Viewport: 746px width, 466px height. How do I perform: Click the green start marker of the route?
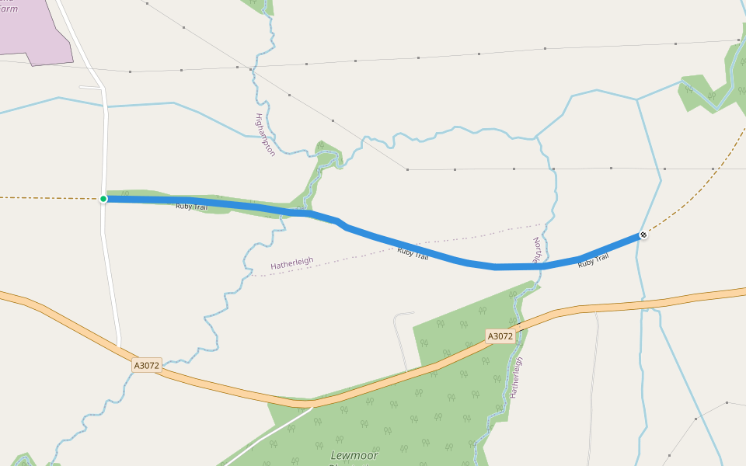(103, 199)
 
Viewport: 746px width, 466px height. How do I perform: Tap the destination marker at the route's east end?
(643, 234)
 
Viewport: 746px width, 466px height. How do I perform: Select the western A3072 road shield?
(146, 364)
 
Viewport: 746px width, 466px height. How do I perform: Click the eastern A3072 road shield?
(500, 336)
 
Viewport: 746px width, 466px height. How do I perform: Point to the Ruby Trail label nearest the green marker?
(191, 207)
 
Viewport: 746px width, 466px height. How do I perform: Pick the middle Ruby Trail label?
(413, 252)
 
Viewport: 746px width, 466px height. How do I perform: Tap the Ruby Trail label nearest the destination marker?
(593, 261)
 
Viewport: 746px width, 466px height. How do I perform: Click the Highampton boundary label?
(265, 134)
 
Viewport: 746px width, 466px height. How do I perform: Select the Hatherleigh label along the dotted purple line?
(291, 263)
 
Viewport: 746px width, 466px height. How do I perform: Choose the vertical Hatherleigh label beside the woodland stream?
(517, 377)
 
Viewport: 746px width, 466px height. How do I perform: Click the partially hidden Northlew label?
(535, 250)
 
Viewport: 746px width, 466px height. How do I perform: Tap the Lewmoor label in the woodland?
(354, 455)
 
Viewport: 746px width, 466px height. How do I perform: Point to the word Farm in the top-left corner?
(9, 9)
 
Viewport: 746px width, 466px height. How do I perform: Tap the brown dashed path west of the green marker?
(47, 197)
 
